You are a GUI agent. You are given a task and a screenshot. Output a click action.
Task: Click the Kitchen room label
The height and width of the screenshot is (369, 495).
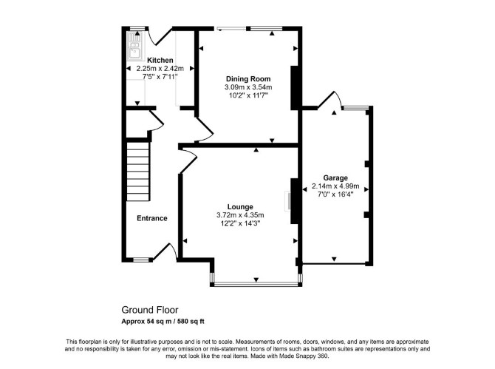tap(160, 60)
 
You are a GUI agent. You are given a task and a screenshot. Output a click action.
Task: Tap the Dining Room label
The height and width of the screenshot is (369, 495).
tap(248, 79)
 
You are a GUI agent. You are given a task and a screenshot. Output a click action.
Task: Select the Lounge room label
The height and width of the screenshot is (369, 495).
tap(240, 207)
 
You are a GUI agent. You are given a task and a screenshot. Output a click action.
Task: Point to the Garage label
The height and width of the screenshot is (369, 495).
tap(335, 178)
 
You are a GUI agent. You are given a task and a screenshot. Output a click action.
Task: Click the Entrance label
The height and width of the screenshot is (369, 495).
tap(152, 218)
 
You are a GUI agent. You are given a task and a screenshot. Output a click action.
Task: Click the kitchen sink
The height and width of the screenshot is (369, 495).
tap(134, 47)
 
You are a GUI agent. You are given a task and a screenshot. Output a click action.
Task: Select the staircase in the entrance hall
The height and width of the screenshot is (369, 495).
tap(138, 172)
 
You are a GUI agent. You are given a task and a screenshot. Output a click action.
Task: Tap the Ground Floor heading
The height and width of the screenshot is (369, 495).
tap(150, 310)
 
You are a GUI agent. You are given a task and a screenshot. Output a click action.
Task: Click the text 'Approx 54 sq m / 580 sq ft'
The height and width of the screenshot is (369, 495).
tap(163, 322)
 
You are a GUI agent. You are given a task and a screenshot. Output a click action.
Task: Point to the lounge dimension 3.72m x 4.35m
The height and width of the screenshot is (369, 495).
tap(240, 215)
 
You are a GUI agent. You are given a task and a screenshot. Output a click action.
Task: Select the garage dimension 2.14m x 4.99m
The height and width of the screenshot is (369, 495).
tap(335, 186)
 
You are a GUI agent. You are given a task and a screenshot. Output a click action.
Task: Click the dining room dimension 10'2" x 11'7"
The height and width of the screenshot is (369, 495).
tap(248, 95)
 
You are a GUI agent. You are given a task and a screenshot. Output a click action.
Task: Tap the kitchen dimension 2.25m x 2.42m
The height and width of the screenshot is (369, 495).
tap(160, 68)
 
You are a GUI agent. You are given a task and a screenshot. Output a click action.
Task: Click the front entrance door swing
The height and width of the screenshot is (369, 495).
tap(165, 251)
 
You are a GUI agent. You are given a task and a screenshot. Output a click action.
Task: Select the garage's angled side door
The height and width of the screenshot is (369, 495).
tap(330, 100)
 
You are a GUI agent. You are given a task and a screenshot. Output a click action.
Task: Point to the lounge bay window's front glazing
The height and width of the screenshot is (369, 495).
tap(256, 285)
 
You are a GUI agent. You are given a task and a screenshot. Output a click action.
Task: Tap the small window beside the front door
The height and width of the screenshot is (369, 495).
tap(141, 260)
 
